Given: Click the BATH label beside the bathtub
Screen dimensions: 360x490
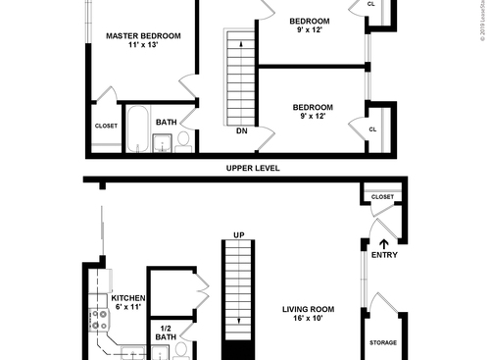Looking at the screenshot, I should point(166,123).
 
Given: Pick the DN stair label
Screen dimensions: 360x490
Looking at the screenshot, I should point(241,130).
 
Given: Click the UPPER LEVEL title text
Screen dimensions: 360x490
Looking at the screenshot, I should point(253,168).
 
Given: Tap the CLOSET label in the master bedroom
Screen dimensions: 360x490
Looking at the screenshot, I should point(106,126).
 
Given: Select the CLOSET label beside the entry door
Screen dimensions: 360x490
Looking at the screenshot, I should point(382,197).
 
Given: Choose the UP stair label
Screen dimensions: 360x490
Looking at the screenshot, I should point(238,234).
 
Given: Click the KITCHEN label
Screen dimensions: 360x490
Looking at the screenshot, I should point(128,297).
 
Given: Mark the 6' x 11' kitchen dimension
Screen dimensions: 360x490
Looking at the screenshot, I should point(127,308).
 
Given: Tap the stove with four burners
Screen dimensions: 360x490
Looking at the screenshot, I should point(98,318).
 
